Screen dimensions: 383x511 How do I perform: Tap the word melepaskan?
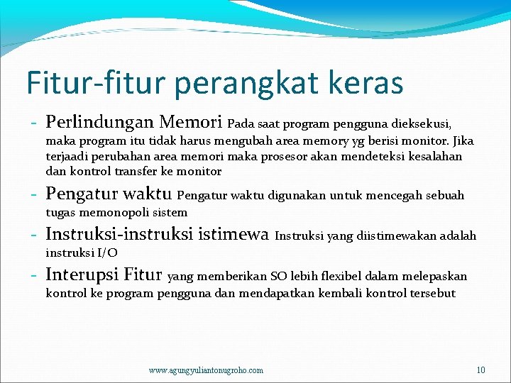click(x=436, y=277)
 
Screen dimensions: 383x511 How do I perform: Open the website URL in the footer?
click(x=206, y=370)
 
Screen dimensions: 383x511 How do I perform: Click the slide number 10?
click(x=480, y=370)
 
